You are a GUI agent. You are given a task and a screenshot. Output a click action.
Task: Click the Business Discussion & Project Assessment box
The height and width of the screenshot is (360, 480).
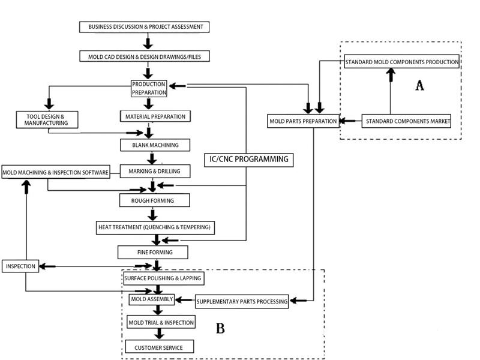pos(145,27)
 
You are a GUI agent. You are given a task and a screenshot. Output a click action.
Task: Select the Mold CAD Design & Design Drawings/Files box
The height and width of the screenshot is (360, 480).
pos(145,56)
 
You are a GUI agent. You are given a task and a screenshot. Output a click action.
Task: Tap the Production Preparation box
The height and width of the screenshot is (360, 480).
pos(149,88)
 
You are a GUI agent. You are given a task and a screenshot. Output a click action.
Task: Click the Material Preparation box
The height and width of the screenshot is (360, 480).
pos(155,116)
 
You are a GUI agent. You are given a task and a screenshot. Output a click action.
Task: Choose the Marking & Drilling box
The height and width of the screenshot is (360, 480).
pos(155,172)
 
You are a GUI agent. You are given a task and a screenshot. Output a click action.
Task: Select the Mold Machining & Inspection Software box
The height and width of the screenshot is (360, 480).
pos(55,173)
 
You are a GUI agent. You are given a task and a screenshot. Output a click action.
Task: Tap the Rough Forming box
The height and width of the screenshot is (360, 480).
pos(155,200)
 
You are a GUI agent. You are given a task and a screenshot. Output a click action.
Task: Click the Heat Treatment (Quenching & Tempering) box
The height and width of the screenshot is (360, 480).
pos(156,227)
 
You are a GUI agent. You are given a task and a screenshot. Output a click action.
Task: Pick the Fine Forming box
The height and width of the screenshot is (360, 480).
pos(154,251)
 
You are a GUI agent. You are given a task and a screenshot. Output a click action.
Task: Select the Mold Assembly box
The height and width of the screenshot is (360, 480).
pos(152,299)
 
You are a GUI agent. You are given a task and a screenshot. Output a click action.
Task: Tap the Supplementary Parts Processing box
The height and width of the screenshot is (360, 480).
pos(242,301)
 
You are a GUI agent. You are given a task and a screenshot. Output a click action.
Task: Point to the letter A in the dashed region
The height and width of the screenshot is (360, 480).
pos(419,86)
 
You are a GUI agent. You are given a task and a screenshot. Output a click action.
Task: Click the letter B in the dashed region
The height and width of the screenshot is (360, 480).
pos(220,328)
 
